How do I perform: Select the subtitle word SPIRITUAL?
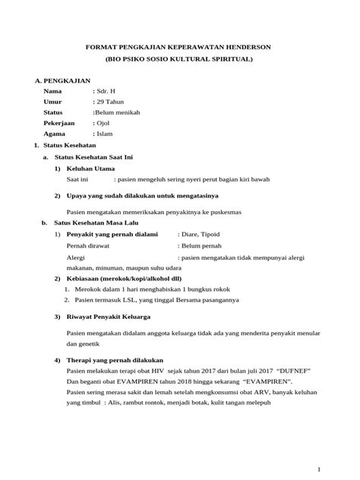tap(234, 58)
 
